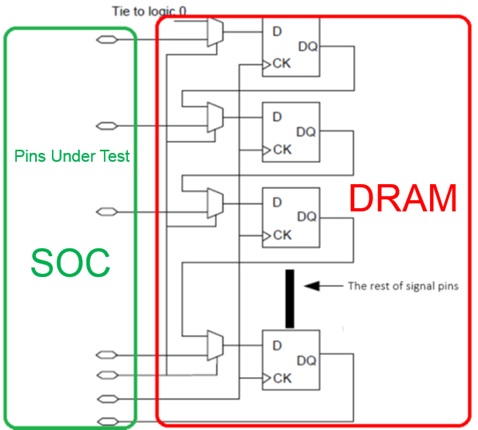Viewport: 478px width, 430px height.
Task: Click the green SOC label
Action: pos(70,263)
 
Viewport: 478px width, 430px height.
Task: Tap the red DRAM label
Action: pos(403,198)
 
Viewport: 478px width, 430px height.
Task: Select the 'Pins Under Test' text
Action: pos(72,156)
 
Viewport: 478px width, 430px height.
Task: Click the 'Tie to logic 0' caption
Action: pos(149,11)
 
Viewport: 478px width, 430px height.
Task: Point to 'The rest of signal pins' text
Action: pos(403,286)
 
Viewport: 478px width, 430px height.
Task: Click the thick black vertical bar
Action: pos(290,299)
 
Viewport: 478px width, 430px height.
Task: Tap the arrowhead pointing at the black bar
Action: pos(312,286)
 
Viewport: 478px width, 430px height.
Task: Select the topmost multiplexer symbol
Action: pos(215,32)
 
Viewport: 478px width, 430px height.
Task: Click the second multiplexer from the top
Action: pos(215,117)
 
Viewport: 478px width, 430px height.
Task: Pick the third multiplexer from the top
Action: pos(215,203)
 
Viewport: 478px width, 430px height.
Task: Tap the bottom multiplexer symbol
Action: pos(215,346)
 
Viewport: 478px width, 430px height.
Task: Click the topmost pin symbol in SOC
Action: pos(107,40)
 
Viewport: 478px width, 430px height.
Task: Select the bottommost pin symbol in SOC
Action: pos(108,422)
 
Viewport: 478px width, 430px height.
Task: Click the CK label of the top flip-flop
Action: pos(281,63)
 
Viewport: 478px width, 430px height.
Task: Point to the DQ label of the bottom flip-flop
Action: pos(306,360)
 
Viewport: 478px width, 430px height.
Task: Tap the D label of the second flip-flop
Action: pos(277,117)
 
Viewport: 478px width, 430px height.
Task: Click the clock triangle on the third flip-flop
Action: pos(267,236)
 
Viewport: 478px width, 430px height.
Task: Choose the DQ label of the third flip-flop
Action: pos(307,217)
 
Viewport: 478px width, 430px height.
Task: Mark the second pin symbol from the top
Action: pos(107,126)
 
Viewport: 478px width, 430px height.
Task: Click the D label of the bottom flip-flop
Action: pos(277,345)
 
